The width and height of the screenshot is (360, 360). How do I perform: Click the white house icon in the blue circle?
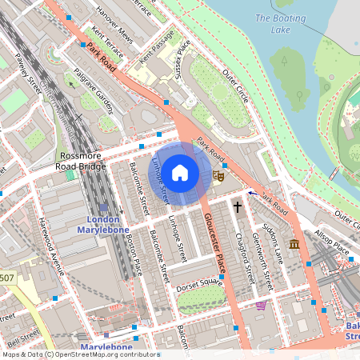[x=180, y=172]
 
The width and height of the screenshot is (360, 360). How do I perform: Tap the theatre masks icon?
[x=217, y=174]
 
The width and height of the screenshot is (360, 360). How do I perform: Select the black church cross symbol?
[x=237, y=207]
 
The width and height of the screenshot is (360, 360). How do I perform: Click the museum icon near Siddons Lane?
[x=294, y=243]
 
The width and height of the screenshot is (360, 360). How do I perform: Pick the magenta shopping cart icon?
[x=261, y=306]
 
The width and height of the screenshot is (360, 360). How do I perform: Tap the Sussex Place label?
[x=183, y=62]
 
